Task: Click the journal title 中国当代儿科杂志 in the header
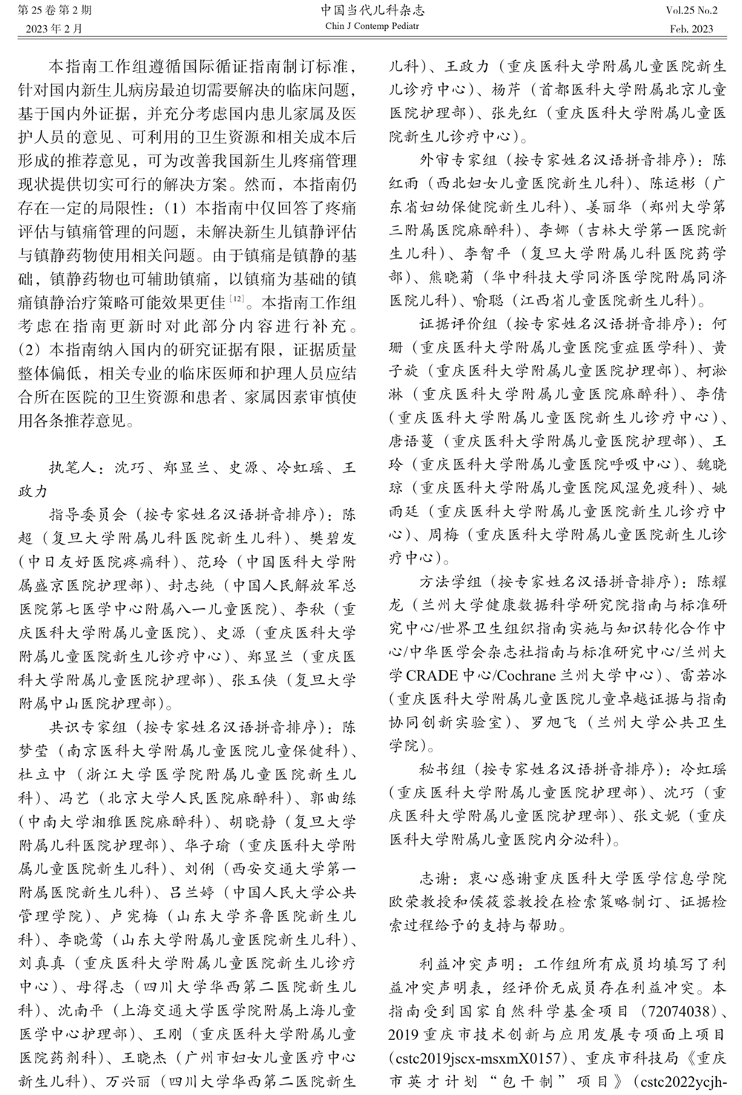point(372,11)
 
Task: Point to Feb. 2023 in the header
point(691,29)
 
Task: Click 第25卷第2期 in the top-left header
point(50,11)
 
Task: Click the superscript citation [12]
point(237,298)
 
